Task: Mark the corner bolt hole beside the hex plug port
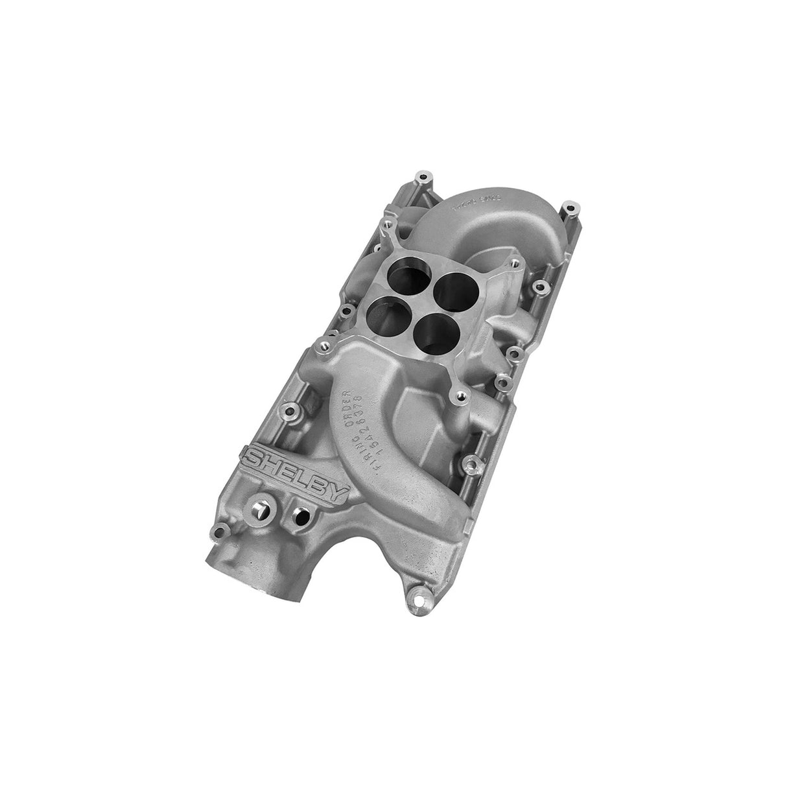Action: pyautogui.click(x=218, y=532)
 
